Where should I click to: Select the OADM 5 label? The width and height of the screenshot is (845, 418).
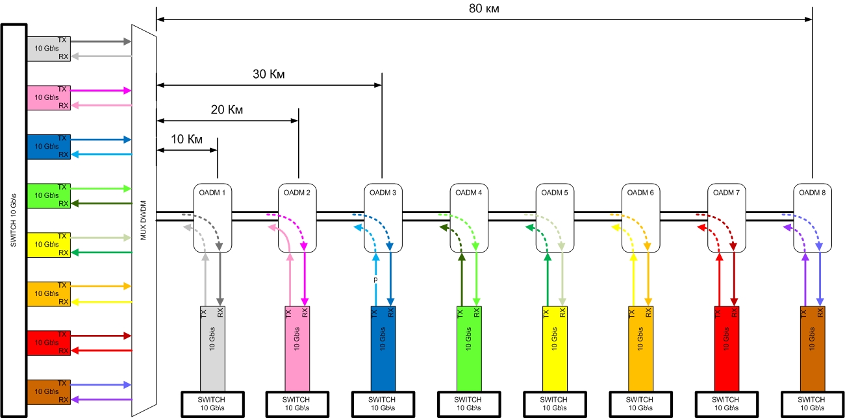pyautogui.click(x=555, y=192)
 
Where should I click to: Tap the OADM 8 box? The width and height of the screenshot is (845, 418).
pyautogui.click(x=813, y=217)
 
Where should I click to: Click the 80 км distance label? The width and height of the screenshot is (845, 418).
pyautogui.click(x=484, y=8)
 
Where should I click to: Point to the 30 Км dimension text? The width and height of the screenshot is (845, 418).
pyautogui.click(x=269, y=73)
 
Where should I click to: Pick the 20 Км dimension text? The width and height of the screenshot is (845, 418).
pyautogui.click(x=227, y=110)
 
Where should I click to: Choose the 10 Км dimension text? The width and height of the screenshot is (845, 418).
pyautogui.click(x=186, y=140)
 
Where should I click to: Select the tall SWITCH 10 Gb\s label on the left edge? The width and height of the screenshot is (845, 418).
pyautogui.click(x=14, y=221)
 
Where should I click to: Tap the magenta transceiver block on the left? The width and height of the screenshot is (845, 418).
pyautogui.click(x=48, y=97)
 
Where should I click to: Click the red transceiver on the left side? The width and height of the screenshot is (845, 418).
pyautogui.click(x=48, y=343)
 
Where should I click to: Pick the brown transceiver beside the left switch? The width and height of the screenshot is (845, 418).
pyautogui.click(x=48, y=391)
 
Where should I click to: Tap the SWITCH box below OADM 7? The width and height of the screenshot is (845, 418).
pyautogui.click(x=725, y=403)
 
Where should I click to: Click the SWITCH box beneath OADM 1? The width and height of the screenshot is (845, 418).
pyautogui.click(x=212, y=403)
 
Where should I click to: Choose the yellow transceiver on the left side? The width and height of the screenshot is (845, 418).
pyautogui.click(x=48, y=244)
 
